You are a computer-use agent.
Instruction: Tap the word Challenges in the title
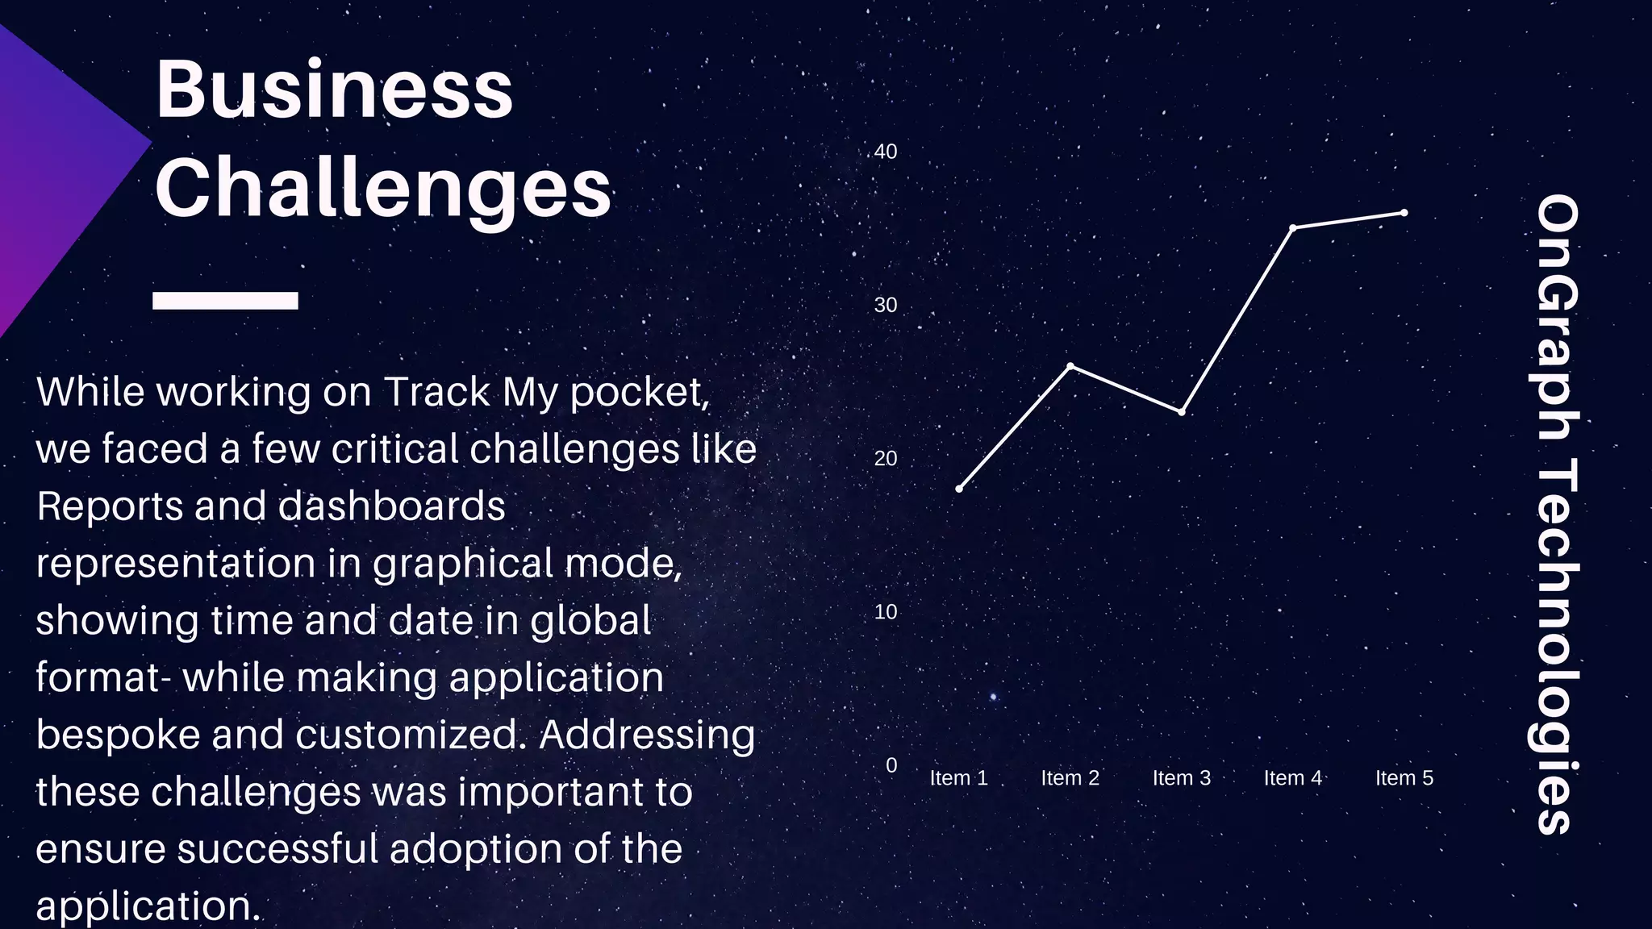point(383,189)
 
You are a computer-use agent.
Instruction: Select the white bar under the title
point(225,300)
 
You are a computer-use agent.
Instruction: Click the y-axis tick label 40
point(886,152)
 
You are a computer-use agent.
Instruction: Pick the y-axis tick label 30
point(886,305)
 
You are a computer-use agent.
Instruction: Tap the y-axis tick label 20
point(886,458)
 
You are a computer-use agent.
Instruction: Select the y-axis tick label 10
point(886,612)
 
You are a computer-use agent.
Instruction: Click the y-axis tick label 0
point(891,765)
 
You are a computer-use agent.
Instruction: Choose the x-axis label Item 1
point(958,778)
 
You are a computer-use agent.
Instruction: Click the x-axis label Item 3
point(1181,778)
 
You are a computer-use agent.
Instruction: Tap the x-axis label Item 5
point(1404,778)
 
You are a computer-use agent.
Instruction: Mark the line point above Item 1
point(959,489)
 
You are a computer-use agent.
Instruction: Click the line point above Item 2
point(1070,366)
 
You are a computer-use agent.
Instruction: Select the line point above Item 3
point(1182,412)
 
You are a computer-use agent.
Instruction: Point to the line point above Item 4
point(1293,228)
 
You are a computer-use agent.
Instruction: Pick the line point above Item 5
point(1404,213)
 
